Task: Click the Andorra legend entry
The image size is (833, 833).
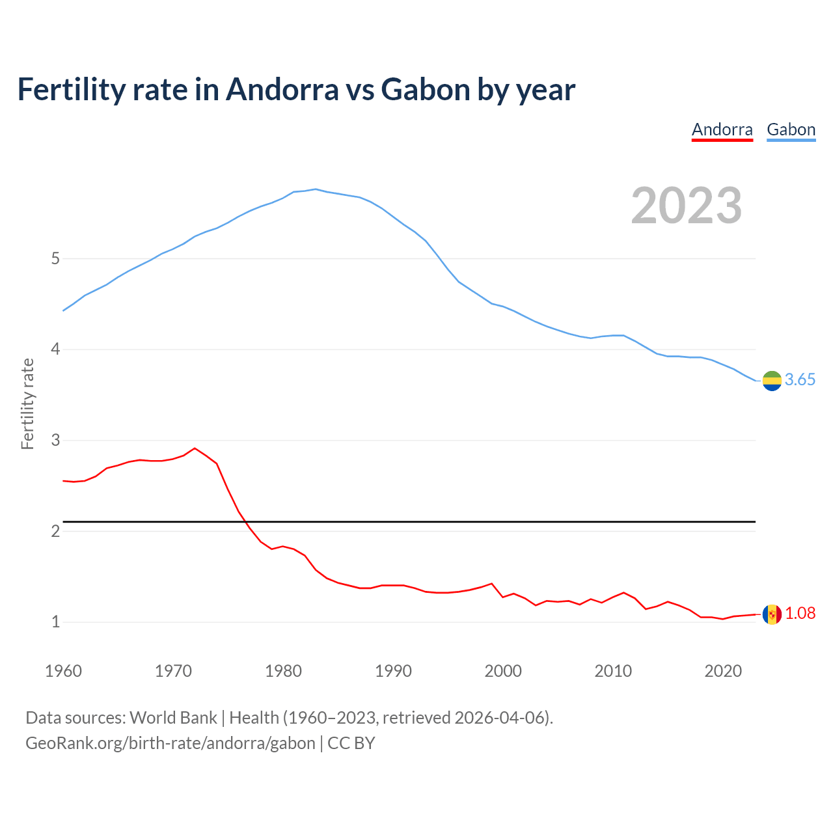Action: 722,130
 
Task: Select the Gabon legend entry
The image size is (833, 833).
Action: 791,130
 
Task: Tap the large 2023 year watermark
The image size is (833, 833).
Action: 687,206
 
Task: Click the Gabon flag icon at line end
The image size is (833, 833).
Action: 772,381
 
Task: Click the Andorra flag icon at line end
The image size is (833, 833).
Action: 772,614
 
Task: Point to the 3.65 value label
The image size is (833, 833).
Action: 800,380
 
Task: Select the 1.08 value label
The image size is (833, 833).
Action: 800,614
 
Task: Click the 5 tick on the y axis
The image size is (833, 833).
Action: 55,259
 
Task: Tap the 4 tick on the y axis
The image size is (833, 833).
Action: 55,349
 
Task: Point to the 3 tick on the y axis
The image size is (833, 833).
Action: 55,441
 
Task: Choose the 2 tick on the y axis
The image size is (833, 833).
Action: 55,531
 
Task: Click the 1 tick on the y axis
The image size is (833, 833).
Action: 55,622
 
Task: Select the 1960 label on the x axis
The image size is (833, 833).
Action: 63,671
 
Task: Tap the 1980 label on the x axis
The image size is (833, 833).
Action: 283,671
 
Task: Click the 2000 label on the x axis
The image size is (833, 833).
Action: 503,671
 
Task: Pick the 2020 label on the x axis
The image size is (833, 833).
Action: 723,671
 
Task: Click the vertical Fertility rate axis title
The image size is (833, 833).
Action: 27,403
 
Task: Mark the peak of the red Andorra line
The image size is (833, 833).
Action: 195,448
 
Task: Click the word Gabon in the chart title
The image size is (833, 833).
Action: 425,90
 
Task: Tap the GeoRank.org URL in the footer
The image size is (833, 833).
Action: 171,743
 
